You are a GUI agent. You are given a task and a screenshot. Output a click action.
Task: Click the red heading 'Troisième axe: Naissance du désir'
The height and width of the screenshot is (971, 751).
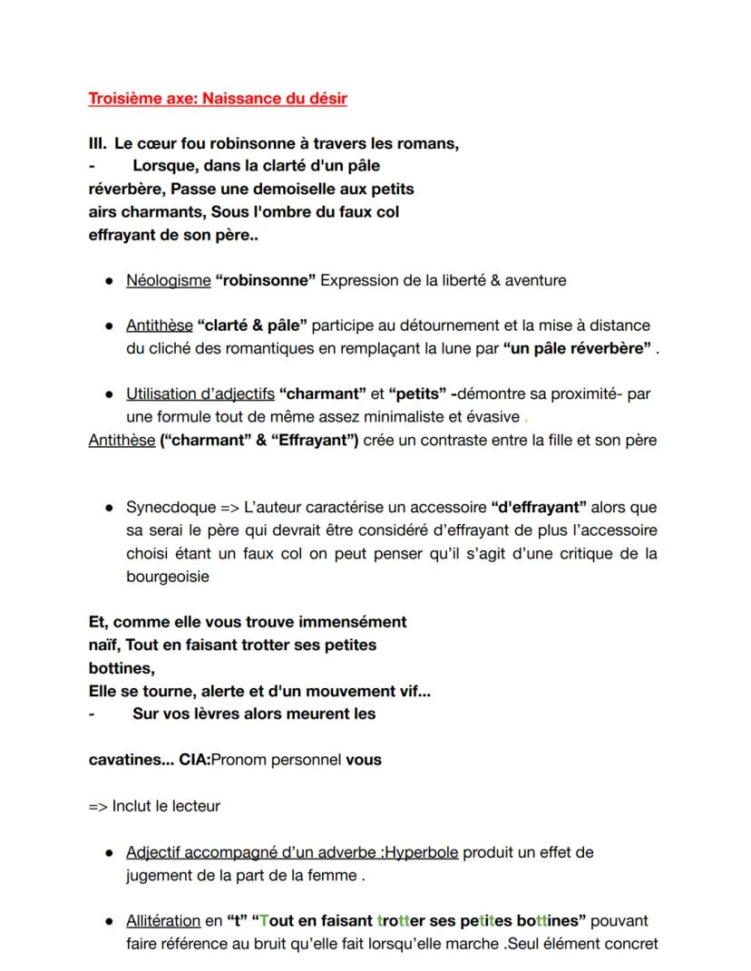(217, 99)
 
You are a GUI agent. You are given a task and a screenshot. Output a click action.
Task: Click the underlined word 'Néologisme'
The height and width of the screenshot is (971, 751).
(168, 280)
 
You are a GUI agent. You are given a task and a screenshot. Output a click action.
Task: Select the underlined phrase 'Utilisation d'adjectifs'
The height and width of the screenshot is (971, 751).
(200, 394)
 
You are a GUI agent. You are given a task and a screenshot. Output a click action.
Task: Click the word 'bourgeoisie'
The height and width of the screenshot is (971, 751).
(167, 576)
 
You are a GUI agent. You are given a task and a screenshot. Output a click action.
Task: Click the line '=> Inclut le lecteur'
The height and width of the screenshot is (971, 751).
(153, 805)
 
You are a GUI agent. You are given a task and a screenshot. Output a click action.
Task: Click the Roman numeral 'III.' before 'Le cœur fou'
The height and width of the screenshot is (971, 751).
(97, 143)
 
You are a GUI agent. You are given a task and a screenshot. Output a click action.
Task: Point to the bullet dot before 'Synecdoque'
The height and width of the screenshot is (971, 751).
(108, 508)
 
